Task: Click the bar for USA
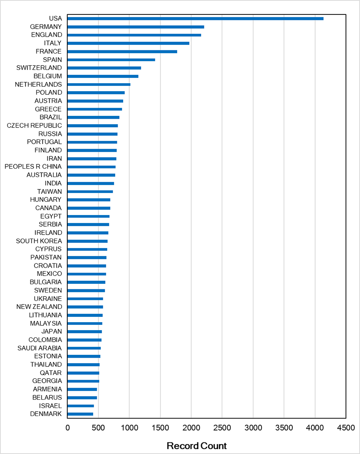[195, 18]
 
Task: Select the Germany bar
[136, 27]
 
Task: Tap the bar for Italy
[128, 43]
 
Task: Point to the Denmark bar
[80, 414]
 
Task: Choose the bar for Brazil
[93, 117]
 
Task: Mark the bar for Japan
[85, 332]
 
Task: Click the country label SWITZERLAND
[39, 68]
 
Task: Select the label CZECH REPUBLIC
[34, 125]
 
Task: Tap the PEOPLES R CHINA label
[33, 167]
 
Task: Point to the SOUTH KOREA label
[39, 241]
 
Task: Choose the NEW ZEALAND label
[39, 307]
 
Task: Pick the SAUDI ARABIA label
[40, 348]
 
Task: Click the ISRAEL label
[50, 406]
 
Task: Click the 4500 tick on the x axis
[346, 428]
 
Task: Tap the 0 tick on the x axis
[68, 428]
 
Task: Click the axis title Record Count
[197, 446]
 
